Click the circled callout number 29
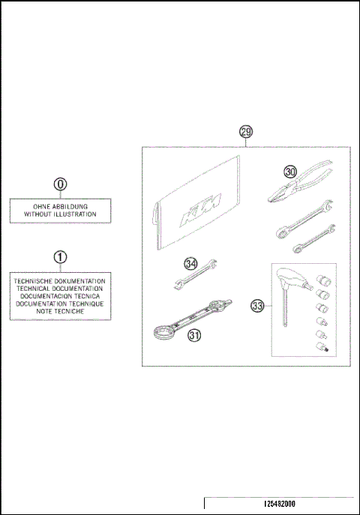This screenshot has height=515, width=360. tap(246, 131)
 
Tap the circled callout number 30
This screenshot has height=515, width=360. tap(291, 172)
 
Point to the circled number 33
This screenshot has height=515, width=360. tap(257, 306)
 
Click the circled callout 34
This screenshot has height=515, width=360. tap(191, 263)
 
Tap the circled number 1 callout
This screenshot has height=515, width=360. tap(60, 257)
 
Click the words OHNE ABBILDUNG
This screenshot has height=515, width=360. tap(60, 206)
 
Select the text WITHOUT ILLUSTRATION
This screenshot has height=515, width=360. tap(60, 214)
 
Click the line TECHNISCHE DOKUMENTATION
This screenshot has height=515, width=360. tap(60, 280)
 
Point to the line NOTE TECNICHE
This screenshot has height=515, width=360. tap(60, 311)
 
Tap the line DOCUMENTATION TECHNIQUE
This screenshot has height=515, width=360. tap(60, 304)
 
